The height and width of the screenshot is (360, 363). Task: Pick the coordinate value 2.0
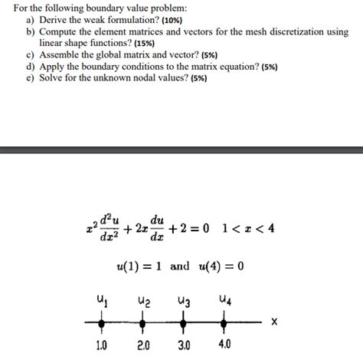(x=143, y=345)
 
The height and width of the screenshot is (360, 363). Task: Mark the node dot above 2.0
(x=143, y=322)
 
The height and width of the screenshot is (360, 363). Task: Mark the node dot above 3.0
(x=184, y=322)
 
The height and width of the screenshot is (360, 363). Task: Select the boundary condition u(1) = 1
(x=142, y=267)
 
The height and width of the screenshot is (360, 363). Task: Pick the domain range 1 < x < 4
(x=248, y=227)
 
